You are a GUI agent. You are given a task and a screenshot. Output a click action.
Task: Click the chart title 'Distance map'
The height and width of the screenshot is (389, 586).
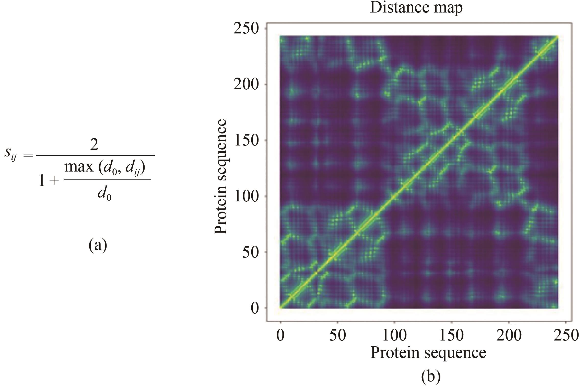point(416,8)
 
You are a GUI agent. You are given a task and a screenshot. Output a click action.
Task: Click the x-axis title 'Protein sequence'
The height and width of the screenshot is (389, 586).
point(428,353)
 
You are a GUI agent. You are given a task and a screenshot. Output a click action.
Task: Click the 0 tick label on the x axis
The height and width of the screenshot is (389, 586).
point(280,335)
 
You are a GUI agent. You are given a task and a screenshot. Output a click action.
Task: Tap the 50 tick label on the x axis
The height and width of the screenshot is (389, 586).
point(338,335)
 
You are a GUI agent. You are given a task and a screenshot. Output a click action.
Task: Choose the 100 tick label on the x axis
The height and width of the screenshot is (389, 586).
point(395,335)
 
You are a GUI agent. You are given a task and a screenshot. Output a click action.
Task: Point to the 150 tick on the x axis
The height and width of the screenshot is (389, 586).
point(452,335)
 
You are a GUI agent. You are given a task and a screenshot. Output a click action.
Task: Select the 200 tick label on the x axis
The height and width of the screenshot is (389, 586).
point(509,335)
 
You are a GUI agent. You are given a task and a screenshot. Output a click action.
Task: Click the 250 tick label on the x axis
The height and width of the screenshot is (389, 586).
point(566,335)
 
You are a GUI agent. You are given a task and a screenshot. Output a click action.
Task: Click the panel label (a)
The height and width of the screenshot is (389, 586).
point(98,245)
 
